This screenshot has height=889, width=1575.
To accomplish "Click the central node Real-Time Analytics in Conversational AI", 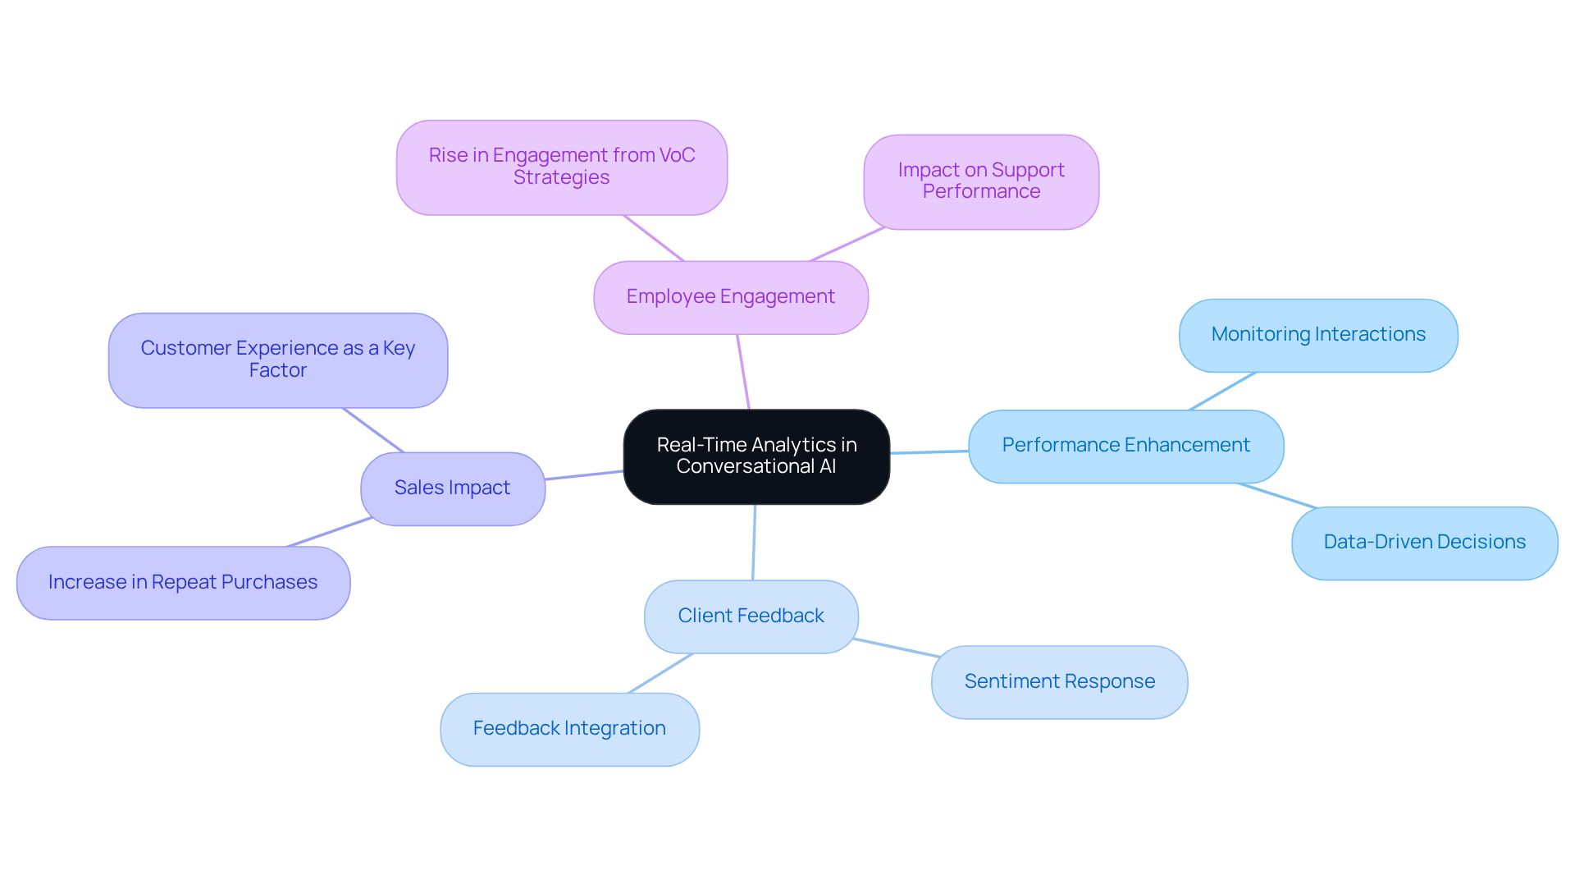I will click(x=756, y=456).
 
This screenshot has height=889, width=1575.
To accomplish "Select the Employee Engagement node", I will click(x=731, y=297).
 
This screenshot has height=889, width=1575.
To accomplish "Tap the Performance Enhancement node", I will click(x=1125, y=446).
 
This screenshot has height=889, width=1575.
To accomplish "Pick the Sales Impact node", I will click(x=453, y=488).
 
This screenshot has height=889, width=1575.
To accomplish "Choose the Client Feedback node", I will click(x=751, y=616).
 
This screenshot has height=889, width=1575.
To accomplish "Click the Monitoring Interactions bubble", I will click(x=1318, y=335).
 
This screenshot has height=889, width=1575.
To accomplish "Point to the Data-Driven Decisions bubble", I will click(x=1424, y=543).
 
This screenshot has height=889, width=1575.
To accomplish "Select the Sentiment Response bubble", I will click(x=1059, y=682).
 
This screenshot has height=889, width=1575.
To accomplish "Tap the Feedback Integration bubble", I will click(x=569, y=729).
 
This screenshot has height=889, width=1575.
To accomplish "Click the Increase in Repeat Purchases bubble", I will click(x=183, y=583).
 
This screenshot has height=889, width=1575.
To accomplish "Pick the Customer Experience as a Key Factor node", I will click(x=278, y=360).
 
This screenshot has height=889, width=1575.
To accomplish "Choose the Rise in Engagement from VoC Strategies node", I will click(x=562, y=167).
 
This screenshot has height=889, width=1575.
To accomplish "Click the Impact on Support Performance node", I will click(x=981, y=181).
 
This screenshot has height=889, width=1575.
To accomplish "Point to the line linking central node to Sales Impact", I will click(x=584, y=475).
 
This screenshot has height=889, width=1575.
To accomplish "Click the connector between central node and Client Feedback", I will click(x=754, y=543).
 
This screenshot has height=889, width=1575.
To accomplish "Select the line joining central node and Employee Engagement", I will click(x=743, y=372).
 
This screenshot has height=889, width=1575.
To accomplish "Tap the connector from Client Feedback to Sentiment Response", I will click(x=896, y=648).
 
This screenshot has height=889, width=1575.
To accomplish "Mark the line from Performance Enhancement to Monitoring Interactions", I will click(x=1222, y=391).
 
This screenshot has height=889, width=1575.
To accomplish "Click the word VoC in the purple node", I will click(x=677, y=155).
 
